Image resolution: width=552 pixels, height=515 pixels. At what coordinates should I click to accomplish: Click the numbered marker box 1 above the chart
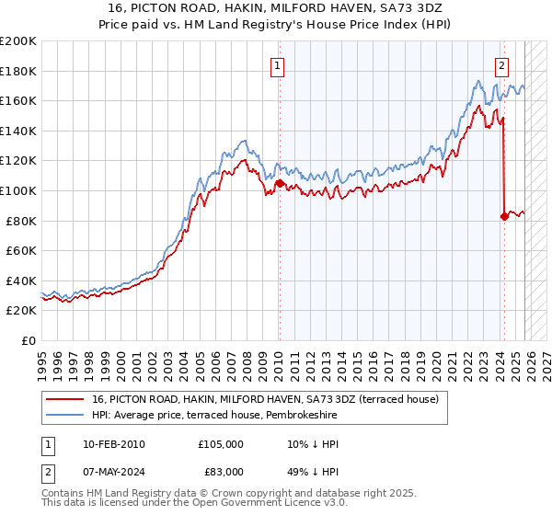click(278, 65)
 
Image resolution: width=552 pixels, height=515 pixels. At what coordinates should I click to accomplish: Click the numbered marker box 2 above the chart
click(502, 65)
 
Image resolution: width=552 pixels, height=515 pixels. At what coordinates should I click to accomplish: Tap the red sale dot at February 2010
click(279, 184)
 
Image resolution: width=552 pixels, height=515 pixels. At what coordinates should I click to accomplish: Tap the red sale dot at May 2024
click(504, 216)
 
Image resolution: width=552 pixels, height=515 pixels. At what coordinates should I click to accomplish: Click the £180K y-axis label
click(18, 71)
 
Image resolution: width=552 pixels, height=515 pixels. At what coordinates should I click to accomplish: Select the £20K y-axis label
click(21, 311)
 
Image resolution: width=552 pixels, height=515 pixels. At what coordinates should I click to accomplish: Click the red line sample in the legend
click(65, 399)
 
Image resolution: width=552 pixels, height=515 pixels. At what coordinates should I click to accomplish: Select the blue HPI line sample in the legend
click(65, 416)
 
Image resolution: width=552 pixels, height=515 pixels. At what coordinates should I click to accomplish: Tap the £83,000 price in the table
click(221, 471)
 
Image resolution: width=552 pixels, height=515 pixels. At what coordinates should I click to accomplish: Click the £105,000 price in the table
click(221, 444)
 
